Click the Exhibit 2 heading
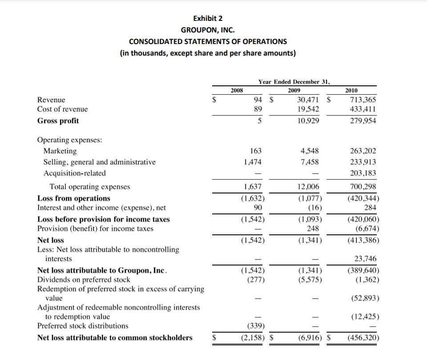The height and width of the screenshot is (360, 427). [208, 18]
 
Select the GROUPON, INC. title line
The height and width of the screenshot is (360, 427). [208, 30]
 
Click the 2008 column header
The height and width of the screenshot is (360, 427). [237, 90]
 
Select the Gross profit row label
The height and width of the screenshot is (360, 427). [58, 121]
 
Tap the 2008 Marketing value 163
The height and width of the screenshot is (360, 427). [256, 151]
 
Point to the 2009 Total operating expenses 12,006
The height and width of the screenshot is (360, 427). [308, 187]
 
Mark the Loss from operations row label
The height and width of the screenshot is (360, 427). [74, 198]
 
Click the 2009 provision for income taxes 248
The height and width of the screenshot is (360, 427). [313, 228]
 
